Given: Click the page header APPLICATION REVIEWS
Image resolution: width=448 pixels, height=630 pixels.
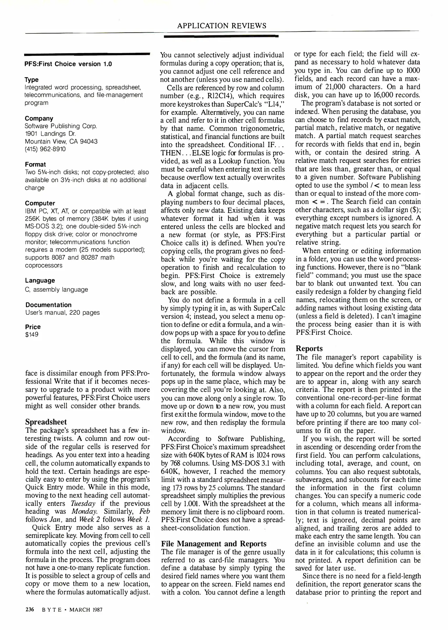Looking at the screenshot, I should [222, 26].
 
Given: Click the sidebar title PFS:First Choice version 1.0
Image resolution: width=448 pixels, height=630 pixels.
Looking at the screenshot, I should [68, 64].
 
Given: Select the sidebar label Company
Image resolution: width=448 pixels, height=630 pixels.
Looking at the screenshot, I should [39, 118].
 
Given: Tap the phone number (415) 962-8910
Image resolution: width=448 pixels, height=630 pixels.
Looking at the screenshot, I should [45, 149].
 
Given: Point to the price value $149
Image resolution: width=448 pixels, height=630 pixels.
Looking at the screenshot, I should [32, 335].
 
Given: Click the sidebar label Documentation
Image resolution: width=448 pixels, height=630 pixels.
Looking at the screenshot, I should [48, 305].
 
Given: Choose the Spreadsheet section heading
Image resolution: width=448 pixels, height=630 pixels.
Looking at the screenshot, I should [46, 422].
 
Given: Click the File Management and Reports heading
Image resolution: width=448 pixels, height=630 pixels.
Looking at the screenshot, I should [214, 544].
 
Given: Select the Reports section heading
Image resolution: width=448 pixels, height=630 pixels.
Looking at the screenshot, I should [309, 349].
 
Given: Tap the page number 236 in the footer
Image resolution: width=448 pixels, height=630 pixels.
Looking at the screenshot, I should [29, 609].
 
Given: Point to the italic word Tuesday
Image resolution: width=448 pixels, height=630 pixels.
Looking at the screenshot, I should [83, 503].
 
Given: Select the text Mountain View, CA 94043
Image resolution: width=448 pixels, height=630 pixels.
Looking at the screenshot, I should [61, 141].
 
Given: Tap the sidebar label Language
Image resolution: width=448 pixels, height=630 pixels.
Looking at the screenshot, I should [40, 281].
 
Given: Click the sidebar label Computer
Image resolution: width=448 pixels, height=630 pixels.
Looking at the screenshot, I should [40, 203].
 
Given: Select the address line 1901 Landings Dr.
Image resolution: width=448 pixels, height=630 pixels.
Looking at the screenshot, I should [50, 134].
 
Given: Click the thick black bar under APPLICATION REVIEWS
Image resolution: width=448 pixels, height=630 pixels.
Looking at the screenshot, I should [221, 36].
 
